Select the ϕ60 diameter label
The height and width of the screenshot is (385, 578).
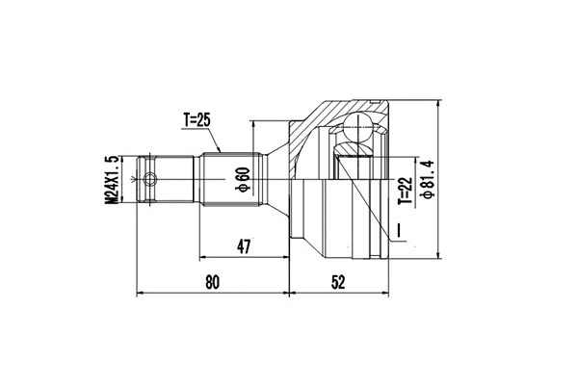pyautogui.click(x=244, y=178)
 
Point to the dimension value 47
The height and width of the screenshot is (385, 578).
pyautogui.click(x=244, y=247)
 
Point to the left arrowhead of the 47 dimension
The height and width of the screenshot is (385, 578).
pyautogui.click(x=205, y=258)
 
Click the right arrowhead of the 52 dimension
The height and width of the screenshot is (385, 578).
pyautogui.click(x=387, y=292)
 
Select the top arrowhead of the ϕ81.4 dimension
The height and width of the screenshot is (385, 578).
pyautogui.click(x=438, y=103)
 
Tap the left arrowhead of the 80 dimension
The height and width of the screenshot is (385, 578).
pyautogui.click(x=143, y=292)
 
